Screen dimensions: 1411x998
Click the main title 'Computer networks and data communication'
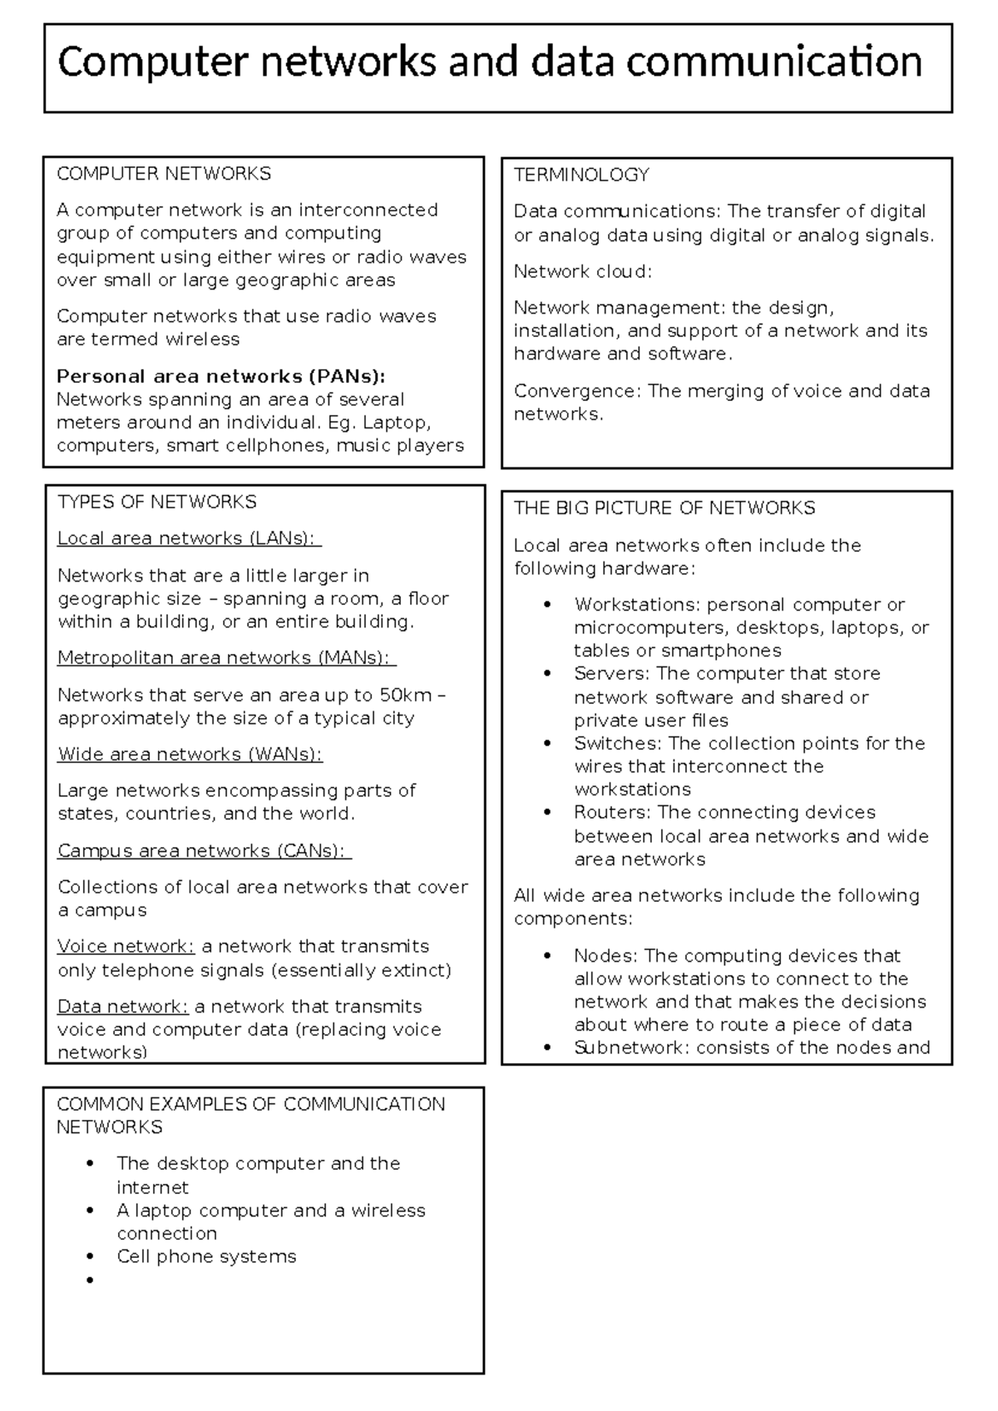tap(490, 62)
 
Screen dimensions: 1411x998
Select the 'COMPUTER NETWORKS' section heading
tap(164, 174)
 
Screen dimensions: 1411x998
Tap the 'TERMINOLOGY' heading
tap(581, 175)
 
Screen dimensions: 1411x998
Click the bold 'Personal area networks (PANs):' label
tap(221, 376)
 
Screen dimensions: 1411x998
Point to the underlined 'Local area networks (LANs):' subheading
tap(188, 538)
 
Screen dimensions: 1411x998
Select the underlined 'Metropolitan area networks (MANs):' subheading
tap(225, 658)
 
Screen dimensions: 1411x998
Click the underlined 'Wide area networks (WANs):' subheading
tap(190, 755)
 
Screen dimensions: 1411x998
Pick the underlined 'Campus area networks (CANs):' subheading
tap(204, 851)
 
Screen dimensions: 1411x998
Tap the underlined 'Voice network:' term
tap(126, 947)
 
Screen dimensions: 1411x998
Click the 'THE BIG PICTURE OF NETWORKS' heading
tap(665, 508)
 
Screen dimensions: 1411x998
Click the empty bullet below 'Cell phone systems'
tap(89, 1280)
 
